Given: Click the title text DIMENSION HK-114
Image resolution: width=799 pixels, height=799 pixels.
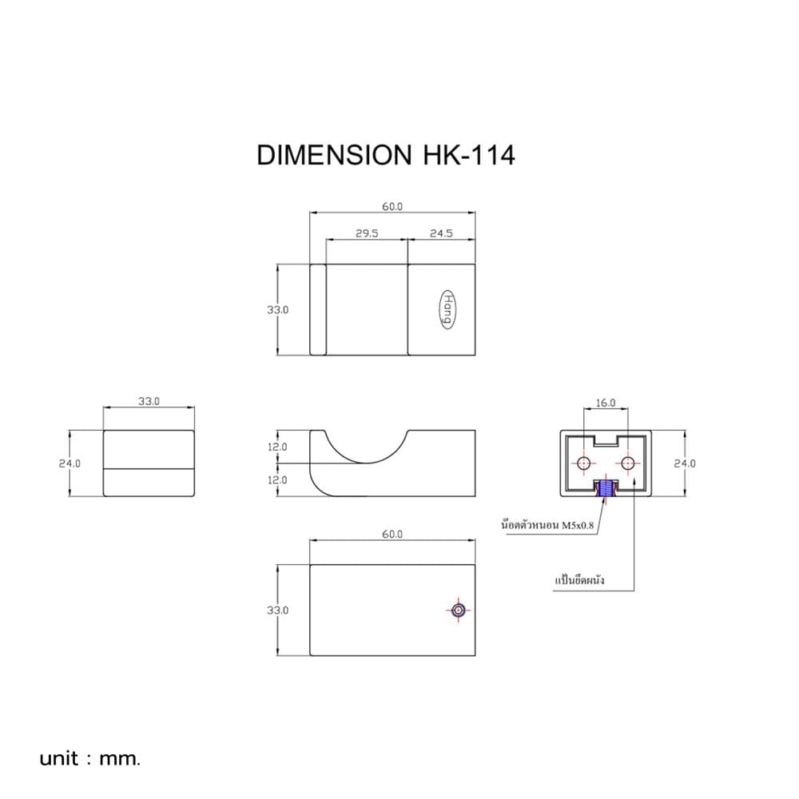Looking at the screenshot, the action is pyautogui.click(x=386, y=155).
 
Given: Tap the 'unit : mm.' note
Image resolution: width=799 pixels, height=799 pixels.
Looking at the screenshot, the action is pyautogui.click(x=89, y=758).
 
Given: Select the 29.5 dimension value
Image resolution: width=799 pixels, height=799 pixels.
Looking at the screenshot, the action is pyautogui.click(x=367, y=233).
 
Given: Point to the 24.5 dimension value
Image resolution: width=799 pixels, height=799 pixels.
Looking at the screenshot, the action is pyautogui.click(x=441, y=233).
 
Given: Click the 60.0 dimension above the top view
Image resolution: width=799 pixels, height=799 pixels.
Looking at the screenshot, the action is pyautogui.click(x=392, y=206).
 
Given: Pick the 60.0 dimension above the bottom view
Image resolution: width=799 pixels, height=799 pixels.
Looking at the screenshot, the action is pyautogui.click(x=392, y=534).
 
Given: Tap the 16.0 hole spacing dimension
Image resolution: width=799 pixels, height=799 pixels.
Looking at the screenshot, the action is pyautogui.click(x=606, y=403).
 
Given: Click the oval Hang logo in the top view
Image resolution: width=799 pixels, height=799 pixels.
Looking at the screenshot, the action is pyautogui.click(x=447, y=309).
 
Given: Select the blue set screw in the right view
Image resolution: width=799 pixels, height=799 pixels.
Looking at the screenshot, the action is pyautogui.click(x=606, y=488).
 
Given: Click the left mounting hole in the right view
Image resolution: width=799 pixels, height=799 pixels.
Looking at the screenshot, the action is pyautogui.click(x=583, y=463).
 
